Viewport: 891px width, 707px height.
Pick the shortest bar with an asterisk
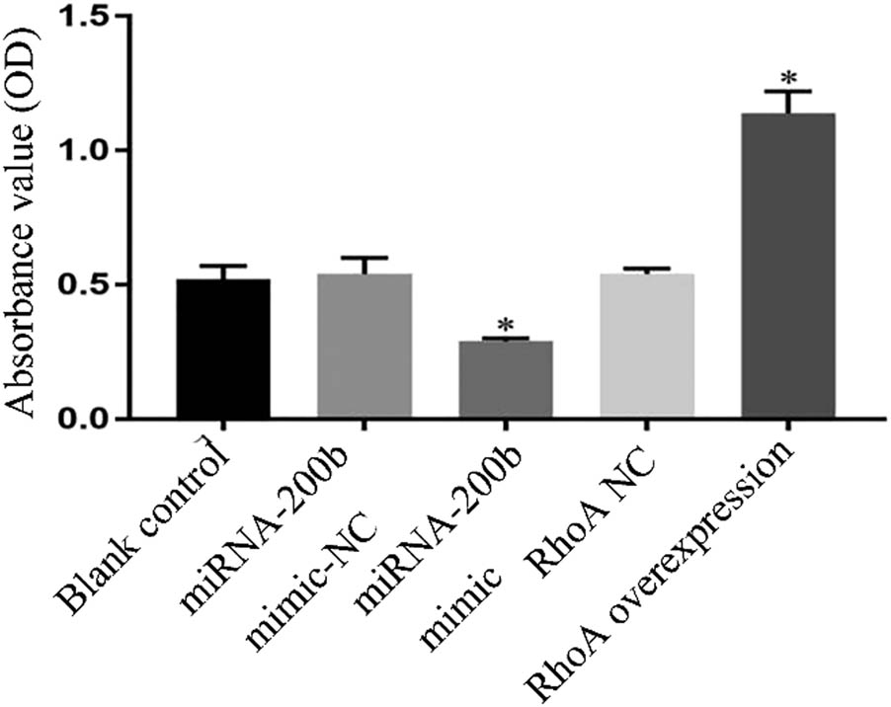coord(506,379)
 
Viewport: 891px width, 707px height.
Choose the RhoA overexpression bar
coord(787,267)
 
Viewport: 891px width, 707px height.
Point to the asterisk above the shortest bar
coord(506,325)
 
